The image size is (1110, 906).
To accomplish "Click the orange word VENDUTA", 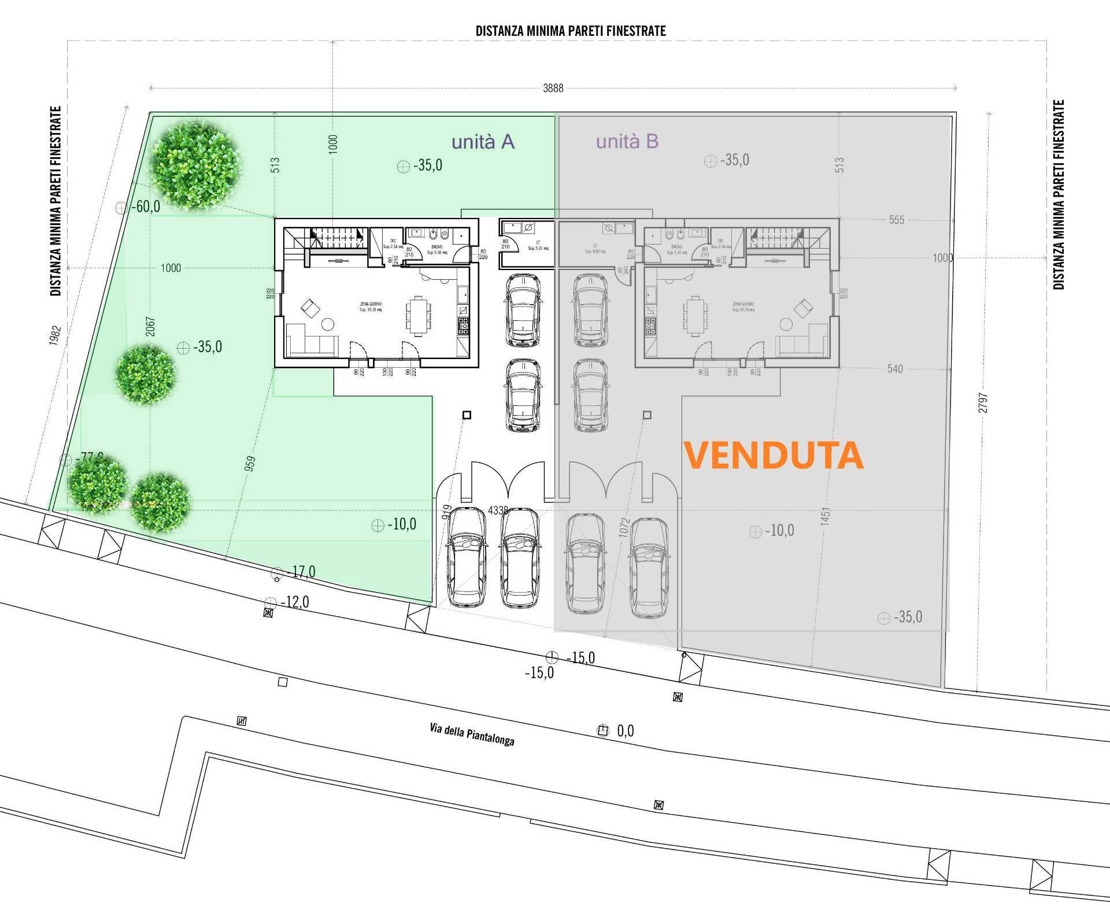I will pos(774,456).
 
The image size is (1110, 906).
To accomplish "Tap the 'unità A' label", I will pos(483,142).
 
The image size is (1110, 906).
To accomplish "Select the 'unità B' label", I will pos(627,142).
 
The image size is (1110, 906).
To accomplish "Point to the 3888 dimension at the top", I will pos(553,88).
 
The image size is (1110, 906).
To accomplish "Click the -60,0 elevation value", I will pos(145,206).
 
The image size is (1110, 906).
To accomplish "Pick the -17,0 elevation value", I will pos(302,572).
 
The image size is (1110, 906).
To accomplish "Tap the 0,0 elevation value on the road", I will pos(625,731).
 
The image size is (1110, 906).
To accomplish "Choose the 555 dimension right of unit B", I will pos(897,220).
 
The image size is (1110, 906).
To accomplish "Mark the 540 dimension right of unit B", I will pos(895,368).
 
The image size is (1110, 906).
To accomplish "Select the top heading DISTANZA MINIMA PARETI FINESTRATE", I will pos(571,31).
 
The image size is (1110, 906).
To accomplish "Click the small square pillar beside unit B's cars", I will pos(647,415).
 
